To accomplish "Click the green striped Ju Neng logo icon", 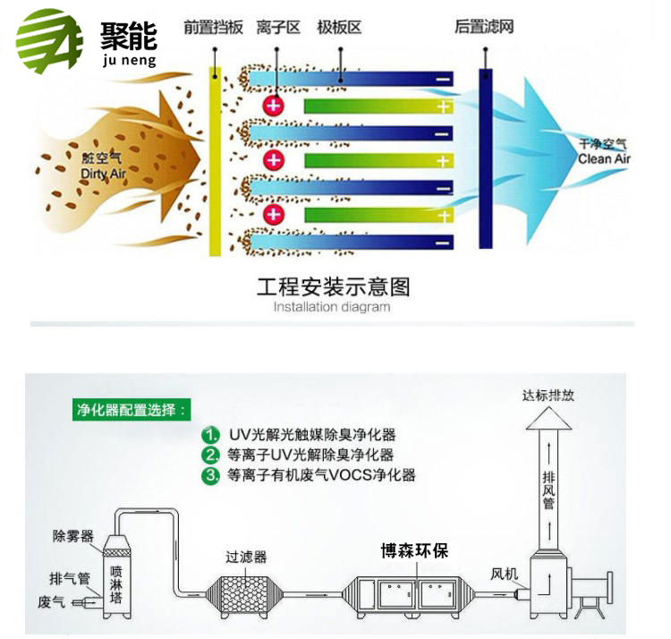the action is (50, 41).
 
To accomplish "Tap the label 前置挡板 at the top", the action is (213, 28).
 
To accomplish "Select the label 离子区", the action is (277, 28).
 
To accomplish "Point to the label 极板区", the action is (339, 28).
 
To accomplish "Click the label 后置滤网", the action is (483, 27).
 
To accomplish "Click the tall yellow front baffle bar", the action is (215, 161).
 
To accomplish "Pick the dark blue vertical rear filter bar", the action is (485, 158).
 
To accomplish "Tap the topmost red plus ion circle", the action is (274, 106).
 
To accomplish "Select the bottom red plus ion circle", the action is (274, 215).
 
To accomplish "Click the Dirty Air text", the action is (103, 174).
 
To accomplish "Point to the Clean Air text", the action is (604, 158).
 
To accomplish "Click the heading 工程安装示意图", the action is (334, 286).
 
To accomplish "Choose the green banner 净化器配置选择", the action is (132, 410).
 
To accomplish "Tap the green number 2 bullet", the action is (210, 455).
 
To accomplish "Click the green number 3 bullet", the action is (210, 475).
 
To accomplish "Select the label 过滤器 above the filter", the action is (246, 557).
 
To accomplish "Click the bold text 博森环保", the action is (414, 550).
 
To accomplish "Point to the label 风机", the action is (504, 574).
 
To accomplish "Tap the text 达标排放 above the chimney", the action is (548, 396).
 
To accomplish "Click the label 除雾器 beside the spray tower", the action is (73, 536).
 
